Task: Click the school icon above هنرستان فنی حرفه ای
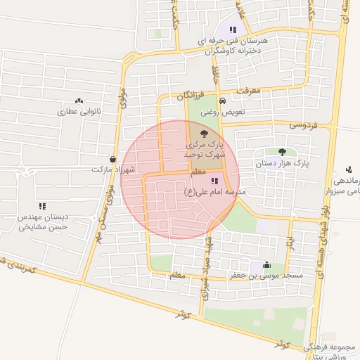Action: click(x=233, y=30)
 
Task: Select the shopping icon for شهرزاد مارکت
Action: click(x=114, y=160)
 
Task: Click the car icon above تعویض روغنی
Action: click(x=222, y=101)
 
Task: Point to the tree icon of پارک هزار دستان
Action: click(x=282, y=152)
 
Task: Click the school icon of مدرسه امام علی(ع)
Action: click(x=214, y=181)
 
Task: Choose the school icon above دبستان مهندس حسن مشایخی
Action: click(x=42, y=206)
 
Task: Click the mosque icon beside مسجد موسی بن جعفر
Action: click(x=266, y=265)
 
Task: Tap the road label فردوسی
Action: click(x=304, y=124)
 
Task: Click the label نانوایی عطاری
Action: click(x=79, y=112)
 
